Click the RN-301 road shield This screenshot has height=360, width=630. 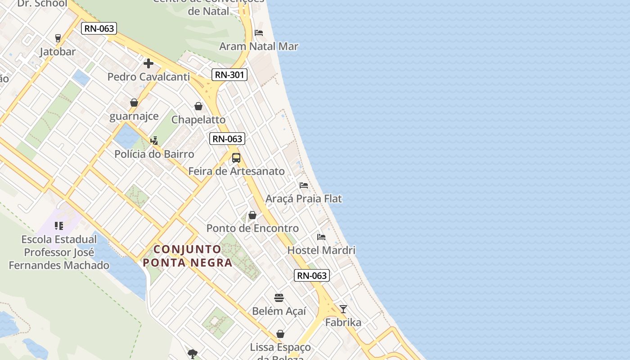pos(229,75)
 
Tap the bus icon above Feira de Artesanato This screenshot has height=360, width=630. pos(236,158)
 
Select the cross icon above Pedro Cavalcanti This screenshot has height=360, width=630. pos(148,63)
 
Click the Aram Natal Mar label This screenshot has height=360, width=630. pos(258,46)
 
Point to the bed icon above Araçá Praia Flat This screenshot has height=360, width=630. pos(304,185)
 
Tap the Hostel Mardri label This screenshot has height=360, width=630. pos(321,250)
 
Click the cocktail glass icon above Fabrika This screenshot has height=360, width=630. pos(343,309)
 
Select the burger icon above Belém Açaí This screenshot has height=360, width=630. pos(279,297)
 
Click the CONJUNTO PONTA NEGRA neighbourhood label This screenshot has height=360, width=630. pos(188,256)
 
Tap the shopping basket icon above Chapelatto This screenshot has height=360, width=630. pos(198,106)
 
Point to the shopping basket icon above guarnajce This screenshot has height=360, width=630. pos(134,103)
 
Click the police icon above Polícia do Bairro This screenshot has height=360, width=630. pos(154,140)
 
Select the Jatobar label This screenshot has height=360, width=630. pos(58,52)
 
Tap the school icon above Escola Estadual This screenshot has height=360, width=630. pos(59,225)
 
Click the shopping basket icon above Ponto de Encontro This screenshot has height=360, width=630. pos(252,215)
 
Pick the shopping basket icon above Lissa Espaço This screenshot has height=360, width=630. pos(280,334)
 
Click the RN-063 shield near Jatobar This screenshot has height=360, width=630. pos(99,28)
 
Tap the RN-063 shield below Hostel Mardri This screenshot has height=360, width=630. pos(312,275)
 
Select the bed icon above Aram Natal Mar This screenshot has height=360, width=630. pos(259,33)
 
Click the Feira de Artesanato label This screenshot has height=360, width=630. pos(236,171)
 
